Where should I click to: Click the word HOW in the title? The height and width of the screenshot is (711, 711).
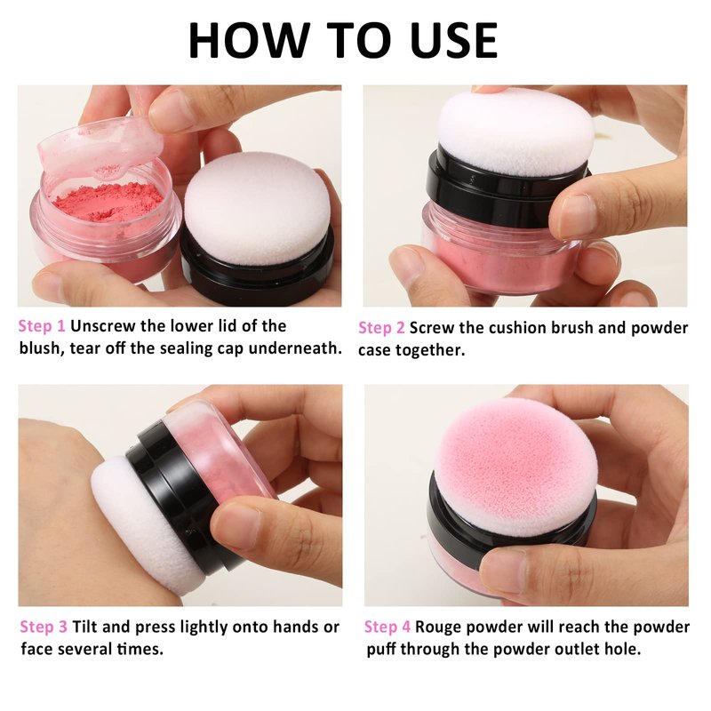coord(250,40)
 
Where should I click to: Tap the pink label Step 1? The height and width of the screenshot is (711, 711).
coord(42,326)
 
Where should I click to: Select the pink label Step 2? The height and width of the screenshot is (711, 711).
coord(381,328)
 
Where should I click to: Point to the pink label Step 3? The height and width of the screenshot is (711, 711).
coord(44,627)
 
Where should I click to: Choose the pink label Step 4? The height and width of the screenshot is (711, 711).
coord(387,627)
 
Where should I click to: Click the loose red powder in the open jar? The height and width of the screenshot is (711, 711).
coord(108,202)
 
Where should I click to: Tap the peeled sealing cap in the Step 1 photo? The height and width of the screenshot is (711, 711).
coord(100,145)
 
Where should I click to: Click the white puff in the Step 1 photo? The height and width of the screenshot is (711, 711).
coord(257,209)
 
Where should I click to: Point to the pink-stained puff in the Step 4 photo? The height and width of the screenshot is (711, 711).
coord(515,467)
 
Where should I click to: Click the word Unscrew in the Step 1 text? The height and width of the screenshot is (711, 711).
coord(102,326)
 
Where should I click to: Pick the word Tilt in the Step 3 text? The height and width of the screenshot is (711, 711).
coord(84,627)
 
